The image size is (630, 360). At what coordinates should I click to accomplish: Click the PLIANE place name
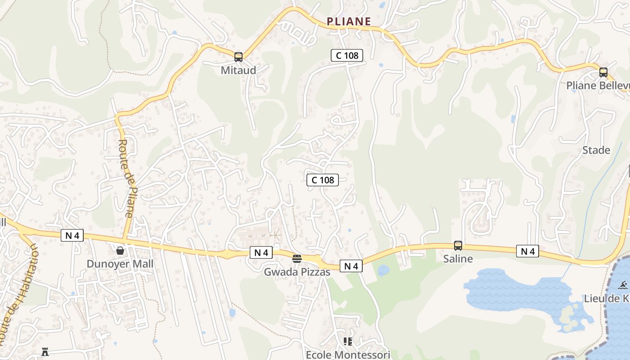349,21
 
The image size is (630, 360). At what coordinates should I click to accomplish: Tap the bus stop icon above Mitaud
238,57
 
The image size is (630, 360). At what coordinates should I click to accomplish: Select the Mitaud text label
238,70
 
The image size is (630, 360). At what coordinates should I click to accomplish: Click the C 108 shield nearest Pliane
347,55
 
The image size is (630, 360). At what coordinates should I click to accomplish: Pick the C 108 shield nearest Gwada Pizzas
323,180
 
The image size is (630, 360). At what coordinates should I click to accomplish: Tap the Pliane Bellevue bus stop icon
603,72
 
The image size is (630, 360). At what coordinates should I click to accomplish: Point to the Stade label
596,150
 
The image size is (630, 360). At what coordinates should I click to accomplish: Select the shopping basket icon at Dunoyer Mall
120,251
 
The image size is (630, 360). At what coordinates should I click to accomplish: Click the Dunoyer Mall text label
120,264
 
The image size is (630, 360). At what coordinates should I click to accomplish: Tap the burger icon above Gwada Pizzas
297,258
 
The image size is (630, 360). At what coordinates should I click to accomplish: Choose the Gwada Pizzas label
297,272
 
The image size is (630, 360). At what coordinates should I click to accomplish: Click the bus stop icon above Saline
458,245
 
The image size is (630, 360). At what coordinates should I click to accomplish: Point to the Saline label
458,259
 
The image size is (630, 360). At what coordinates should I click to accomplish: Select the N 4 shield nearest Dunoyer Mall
72,235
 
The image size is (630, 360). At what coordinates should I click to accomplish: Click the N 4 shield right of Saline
527,251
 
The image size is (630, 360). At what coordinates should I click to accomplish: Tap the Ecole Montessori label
348,355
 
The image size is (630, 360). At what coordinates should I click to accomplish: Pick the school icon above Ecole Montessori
347,342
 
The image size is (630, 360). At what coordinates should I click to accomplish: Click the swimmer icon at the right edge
624,285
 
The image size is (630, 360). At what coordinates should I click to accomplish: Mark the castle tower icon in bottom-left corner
45,352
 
